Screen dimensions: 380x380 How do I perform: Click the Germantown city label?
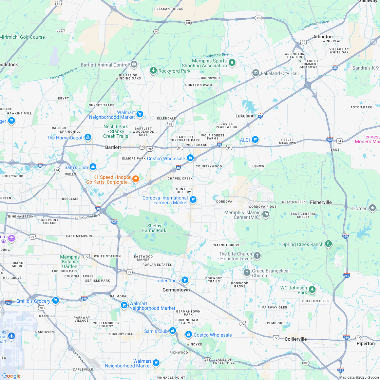[176, 290]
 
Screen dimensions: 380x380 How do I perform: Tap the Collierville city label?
[296, 339]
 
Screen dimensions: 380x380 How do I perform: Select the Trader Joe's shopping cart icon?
[185, 280]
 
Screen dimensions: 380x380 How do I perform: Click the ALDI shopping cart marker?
[255, 139]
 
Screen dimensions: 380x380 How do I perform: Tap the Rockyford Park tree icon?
[153, 71]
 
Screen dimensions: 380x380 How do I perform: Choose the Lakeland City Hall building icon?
[255, 73]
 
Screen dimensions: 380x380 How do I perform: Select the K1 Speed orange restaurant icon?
[135, 179]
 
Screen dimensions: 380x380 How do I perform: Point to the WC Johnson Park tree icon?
[312, 290]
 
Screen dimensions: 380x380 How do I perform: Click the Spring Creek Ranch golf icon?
[328, 244]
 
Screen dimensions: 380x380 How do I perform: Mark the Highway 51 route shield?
[58, 3]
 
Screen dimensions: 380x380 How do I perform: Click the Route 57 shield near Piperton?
[358, 338]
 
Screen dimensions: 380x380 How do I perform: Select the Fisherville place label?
[321, 202]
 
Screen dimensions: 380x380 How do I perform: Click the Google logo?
[11, 376]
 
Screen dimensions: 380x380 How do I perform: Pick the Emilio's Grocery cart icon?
[56, 301]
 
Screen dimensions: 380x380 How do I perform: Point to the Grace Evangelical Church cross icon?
[247, 272]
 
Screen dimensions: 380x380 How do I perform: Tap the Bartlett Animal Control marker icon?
[134, 64]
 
